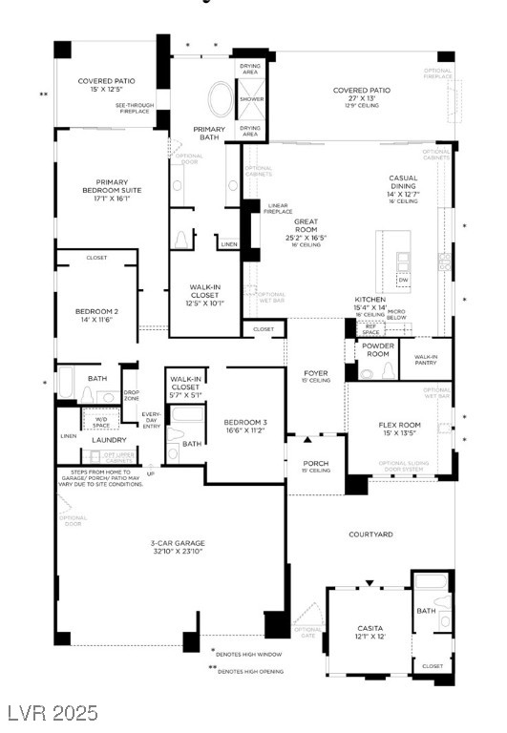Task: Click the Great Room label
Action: tap(306, 227)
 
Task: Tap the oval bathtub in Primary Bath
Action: tap(220, 100)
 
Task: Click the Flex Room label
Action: tap(399, 426)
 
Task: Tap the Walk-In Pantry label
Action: tap(426, 361)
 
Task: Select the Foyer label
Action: tap(315, 374)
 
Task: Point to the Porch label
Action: tap(315, 464)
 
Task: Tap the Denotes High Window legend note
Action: tap(250, 653)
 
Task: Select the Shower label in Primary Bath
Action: tap(251, 98)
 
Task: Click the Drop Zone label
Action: tap(132, 395)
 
